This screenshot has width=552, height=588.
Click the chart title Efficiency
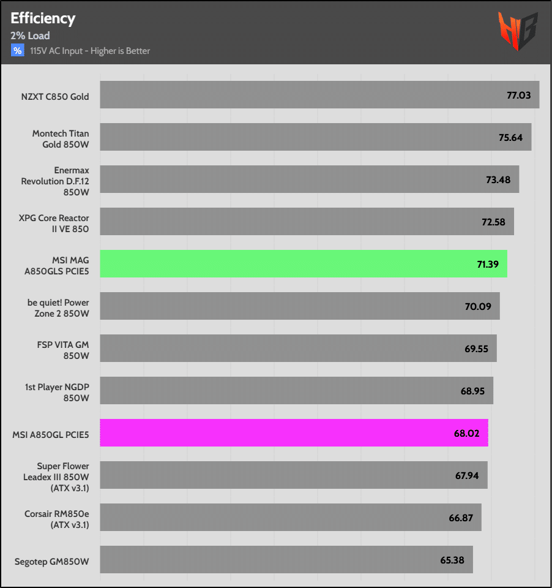tap(43, 18)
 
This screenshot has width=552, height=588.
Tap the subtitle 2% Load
tap(30, 36)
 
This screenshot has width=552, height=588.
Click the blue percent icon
tap(17, 50)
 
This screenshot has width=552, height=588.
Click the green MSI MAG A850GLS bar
tap(303, 264)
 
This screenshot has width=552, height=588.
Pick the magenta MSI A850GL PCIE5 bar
tap(294, 433)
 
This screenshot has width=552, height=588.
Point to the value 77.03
tap(518, 96)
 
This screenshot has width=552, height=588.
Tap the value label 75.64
tap(510, 137)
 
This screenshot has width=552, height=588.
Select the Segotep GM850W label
tap(52, 560)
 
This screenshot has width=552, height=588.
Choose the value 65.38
tap(452, 560)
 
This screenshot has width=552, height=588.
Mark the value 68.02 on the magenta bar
tap(466, 433)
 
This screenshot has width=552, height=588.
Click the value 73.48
tap(498, 179)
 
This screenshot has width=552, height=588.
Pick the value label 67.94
tap(466, 475)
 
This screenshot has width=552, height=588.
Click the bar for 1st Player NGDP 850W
tap(296, 391)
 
